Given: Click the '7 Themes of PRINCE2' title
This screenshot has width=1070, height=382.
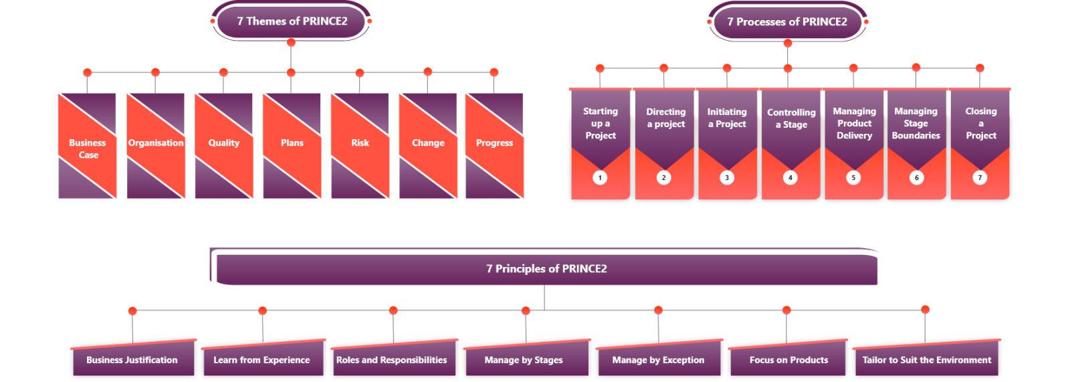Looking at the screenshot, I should click(292, 21).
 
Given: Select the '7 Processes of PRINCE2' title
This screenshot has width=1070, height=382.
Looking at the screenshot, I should click(787, 22).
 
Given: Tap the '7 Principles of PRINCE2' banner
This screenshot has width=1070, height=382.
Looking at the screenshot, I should click(546, 269).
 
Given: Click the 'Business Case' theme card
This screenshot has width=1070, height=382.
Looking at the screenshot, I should click(88, 149).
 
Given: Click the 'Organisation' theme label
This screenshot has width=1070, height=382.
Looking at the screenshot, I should click(156, 143).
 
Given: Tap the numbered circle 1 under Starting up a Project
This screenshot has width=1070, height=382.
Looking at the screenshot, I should click(600, 178).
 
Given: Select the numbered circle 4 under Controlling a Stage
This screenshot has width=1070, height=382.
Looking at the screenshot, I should click(790, 178).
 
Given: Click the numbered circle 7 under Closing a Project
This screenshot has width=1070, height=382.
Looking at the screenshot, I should click(980, 178).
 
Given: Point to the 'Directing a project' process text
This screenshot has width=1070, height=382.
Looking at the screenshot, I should click(665, 118).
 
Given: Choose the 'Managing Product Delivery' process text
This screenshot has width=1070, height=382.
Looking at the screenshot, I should click(854, 124).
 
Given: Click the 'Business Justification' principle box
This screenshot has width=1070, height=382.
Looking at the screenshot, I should click(132, 360).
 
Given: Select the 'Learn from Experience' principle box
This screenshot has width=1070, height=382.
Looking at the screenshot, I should click(261, 360).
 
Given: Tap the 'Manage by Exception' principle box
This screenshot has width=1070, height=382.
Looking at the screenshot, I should click(658, 360).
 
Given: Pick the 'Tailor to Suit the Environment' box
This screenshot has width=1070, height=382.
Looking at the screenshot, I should click(926, 360).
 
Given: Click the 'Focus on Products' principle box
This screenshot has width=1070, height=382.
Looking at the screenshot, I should click(788, 360).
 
